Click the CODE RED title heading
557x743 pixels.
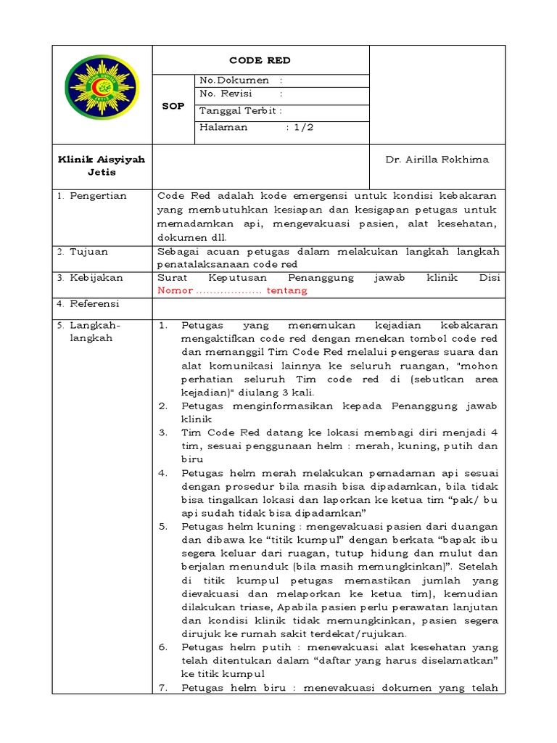[260, 60]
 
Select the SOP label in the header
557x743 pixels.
[173, 106]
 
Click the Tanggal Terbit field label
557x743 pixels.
[240, 110]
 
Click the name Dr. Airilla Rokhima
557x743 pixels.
[437, 160]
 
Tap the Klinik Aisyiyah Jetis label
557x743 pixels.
[102, 166]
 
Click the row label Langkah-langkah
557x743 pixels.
[91, 332]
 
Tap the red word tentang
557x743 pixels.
[288, 290]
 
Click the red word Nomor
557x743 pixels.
[176, 290]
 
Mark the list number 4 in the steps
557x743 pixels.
[163, 472]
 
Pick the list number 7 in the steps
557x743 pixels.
[163, 688]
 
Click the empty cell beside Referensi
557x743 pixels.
[329, 305]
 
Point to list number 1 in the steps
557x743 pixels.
[163, 327]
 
